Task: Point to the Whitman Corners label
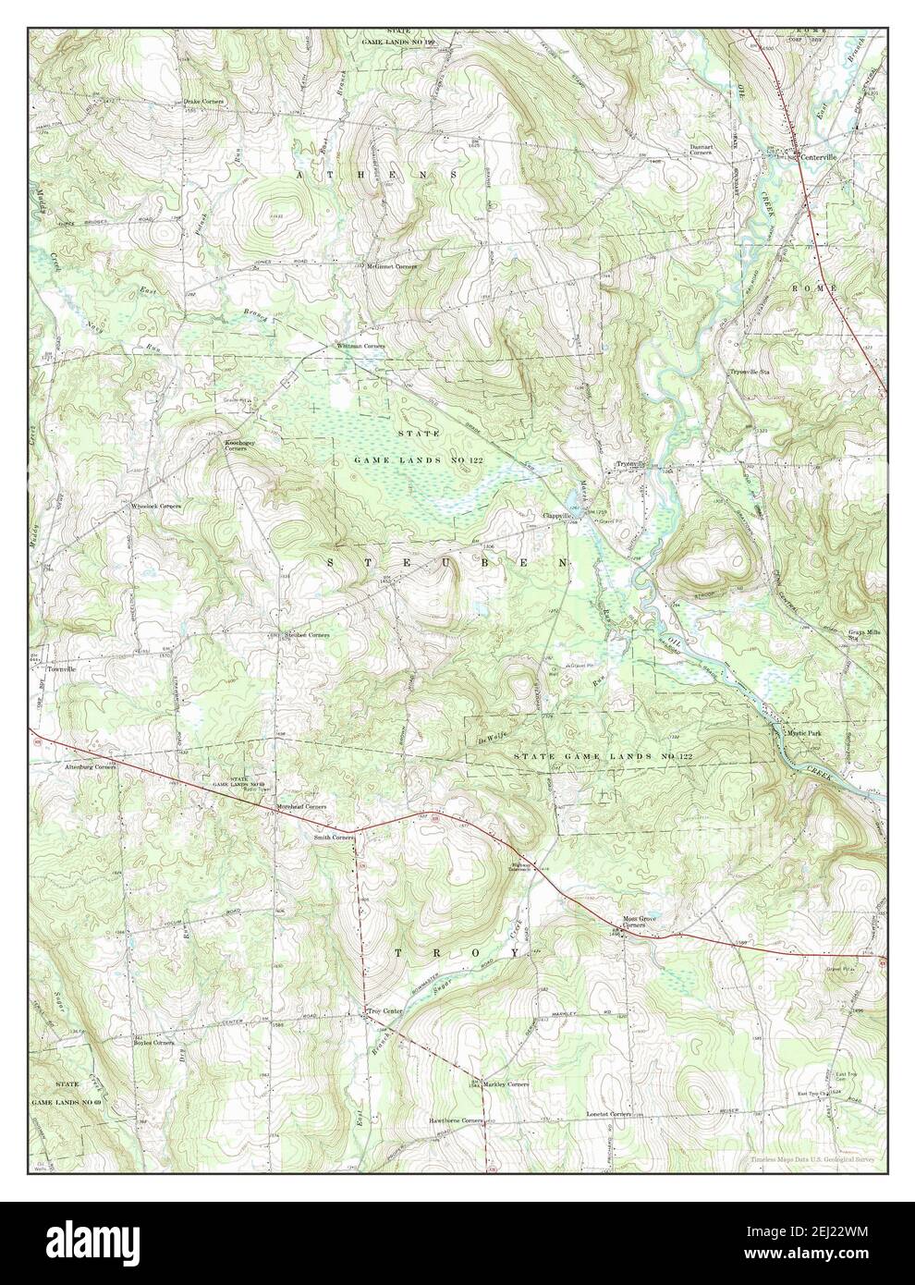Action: click(360, 346)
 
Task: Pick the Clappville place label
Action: click(561, 516)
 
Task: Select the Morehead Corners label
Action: click(302, 807)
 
